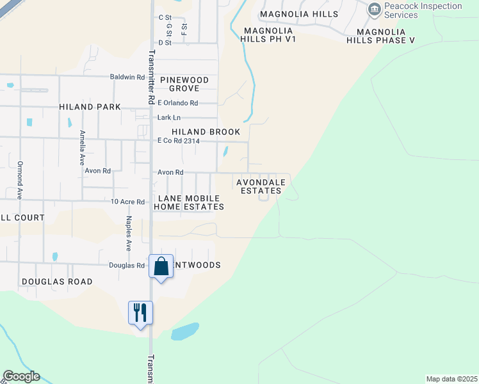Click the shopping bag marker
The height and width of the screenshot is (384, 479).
pos(161,266)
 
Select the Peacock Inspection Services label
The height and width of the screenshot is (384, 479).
pos(423,10)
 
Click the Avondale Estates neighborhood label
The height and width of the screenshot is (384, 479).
pos(259,186)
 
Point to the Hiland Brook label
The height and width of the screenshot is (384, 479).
pos(206,132)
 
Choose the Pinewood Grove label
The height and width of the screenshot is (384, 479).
pos(184,84)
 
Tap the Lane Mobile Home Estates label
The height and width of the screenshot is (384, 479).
pos(189,202)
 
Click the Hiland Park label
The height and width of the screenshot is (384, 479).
pos(90,107)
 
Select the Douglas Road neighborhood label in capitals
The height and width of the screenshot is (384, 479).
pos(57,282)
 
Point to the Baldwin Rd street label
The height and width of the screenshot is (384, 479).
pos(127,77)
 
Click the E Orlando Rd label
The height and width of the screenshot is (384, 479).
pos(178,103)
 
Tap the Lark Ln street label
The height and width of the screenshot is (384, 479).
pos(169,118)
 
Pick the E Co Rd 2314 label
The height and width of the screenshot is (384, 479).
pos(179,141)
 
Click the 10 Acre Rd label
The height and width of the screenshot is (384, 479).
pos(127,202)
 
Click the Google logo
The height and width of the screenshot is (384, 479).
pos(21,376)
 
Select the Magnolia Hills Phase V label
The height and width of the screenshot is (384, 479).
pos(381,36)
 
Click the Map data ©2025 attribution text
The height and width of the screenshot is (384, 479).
pos(451,379)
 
